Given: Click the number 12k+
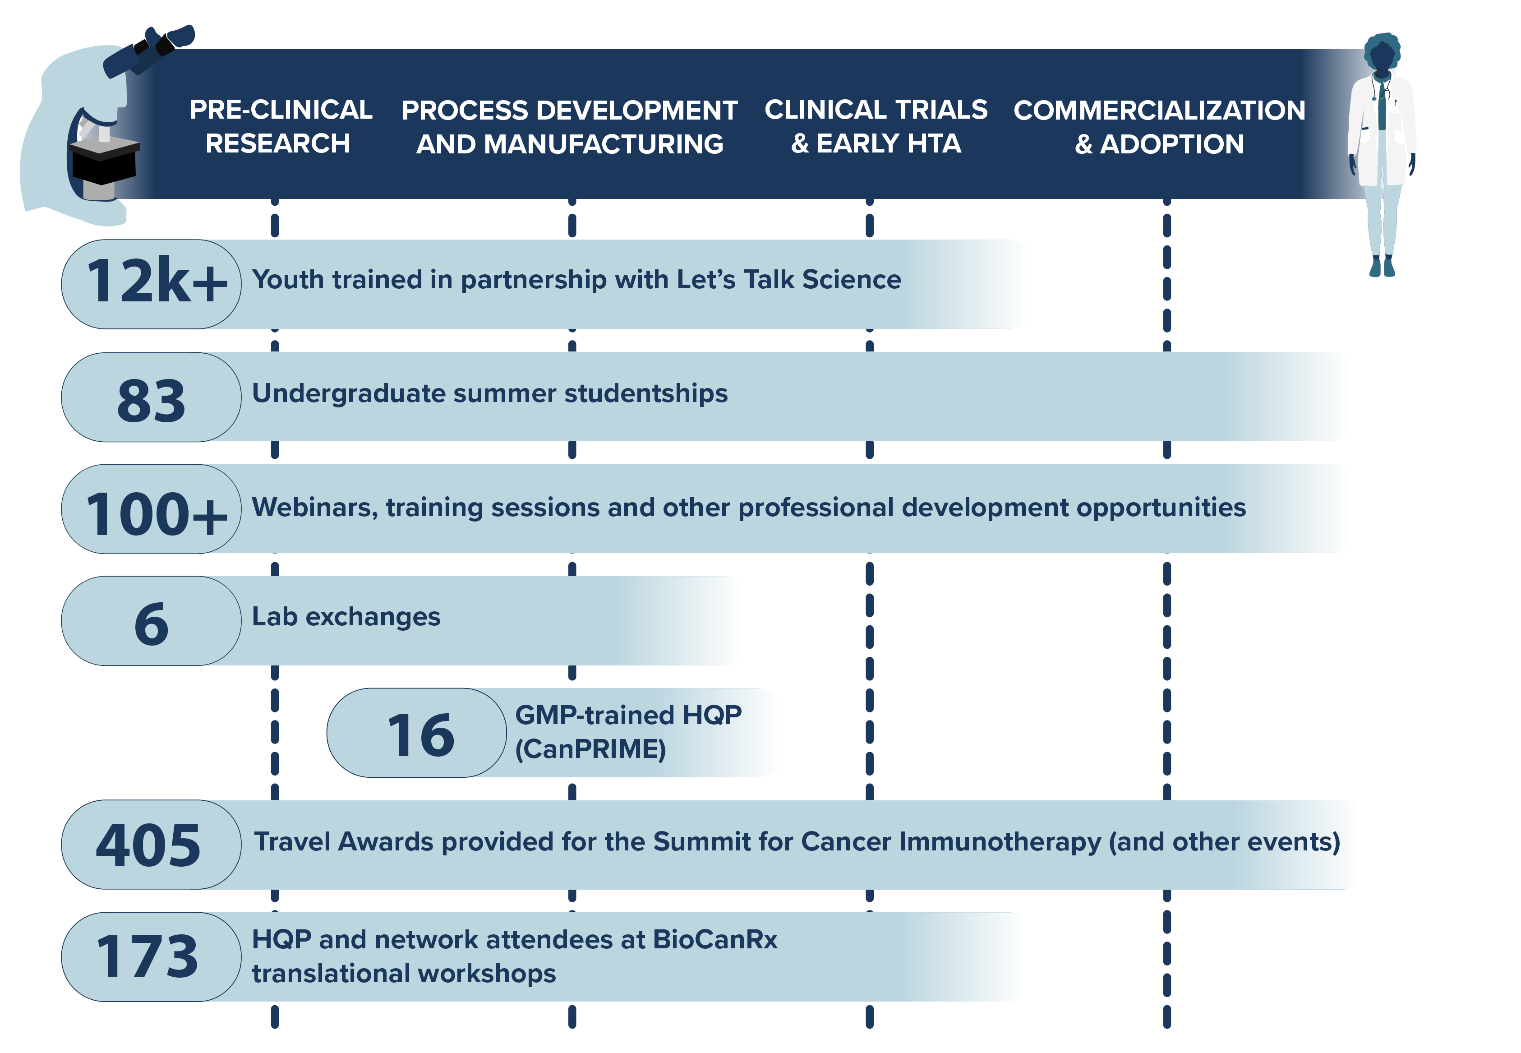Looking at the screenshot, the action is (x=157, y=282).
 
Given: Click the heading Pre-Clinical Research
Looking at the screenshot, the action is (x=280, y=127).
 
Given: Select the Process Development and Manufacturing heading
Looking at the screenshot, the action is (x=570, y=127).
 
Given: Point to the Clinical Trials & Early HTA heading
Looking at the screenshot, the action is (x=876, y=127).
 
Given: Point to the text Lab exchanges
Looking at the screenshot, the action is (x=346, y=617).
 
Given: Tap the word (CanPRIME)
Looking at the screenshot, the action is (x=590, y=749).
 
